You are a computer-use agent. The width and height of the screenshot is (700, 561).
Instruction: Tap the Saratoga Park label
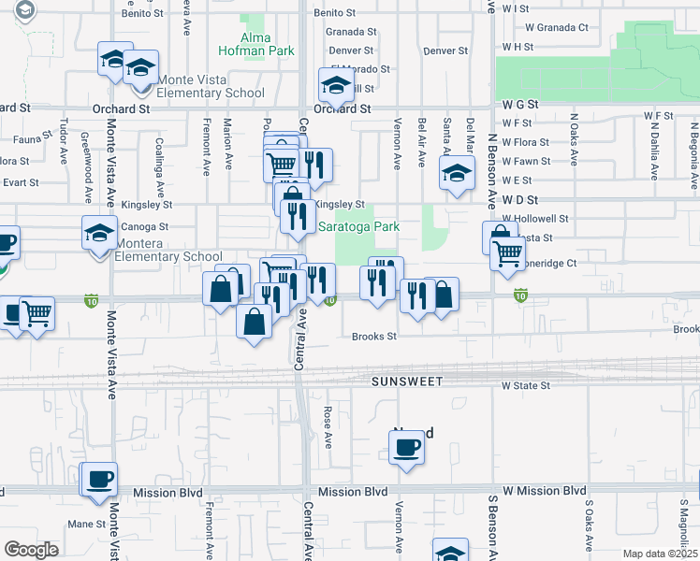pos(358,227)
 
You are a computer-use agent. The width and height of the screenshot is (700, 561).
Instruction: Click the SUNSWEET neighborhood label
pos(404,382)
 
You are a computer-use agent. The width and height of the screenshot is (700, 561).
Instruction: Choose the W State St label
pos(524,385)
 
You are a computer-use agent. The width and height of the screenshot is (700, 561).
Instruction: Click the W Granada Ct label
pos(557,28)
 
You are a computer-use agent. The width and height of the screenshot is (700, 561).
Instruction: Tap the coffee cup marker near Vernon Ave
pos(406,449)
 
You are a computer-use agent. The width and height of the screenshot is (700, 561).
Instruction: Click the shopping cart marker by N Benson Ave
pos(507,252)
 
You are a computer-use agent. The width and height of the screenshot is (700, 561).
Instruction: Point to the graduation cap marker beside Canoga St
pos(99,234)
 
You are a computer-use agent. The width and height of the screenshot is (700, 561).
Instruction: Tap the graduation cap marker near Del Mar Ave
pos(456,174)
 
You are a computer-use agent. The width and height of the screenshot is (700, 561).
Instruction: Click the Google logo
pos(31,549)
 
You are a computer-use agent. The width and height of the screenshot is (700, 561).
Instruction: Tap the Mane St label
pos(86,525)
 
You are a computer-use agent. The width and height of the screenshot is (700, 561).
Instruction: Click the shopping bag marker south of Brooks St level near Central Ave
pos(255,322)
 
